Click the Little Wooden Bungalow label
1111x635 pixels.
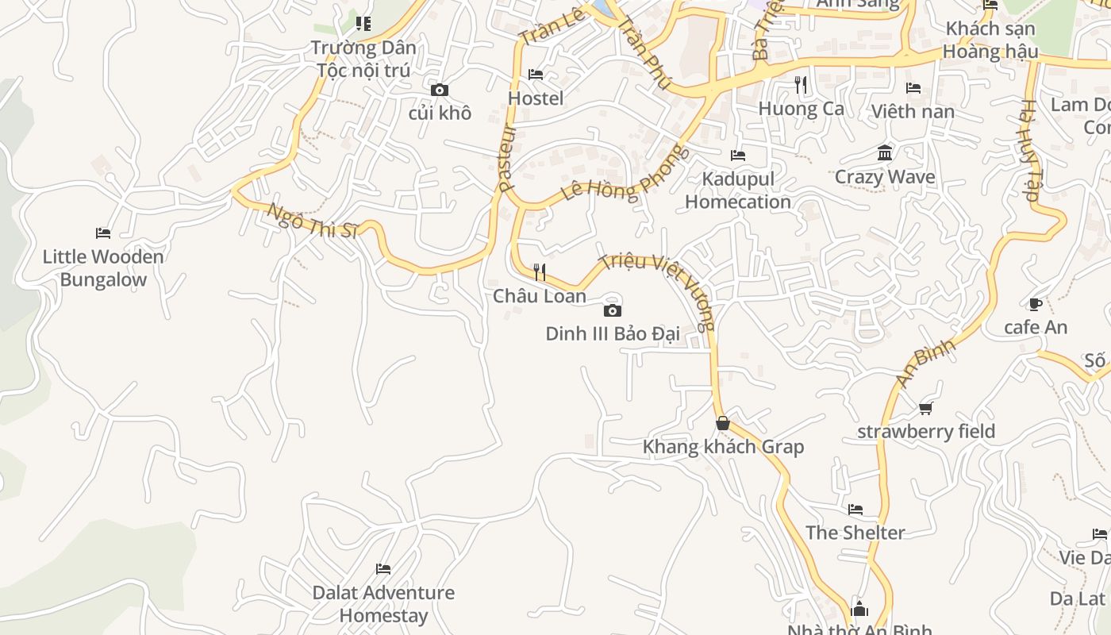tap(103, 268)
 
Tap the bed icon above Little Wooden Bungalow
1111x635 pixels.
tap(103, 233)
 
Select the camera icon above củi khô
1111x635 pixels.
tap(440, 90)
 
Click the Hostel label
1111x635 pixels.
tap(536, 98)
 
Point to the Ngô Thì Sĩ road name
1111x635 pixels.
tap(312, 221)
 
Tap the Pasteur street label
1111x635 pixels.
tap(507, 158)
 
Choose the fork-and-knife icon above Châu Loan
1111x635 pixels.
tap(540, 272)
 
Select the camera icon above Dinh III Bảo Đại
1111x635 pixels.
tap(613, 310)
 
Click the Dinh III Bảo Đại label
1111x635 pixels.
tap(613, 334)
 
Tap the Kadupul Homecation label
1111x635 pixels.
tap(738, 190)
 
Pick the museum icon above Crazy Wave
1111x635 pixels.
tap(885, 152)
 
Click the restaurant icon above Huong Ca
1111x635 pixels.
tap(801, 85)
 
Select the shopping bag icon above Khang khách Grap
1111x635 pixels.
tap(723, 423)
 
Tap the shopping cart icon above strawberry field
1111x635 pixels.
tap(926, 408)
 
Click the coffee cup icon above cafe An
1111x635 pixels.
tap(1036, 304)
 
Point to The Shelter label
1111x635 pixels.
tap(855, 533)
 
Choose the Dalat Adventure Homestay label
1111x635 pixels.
tap(383, 604)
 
